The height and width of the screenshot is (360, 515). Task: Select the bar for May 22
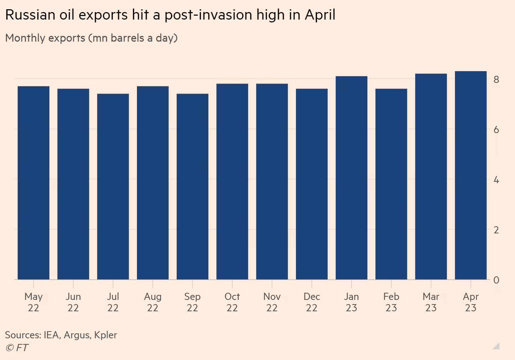(33, 183)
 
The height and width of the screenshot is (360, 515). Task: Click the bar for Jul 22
(113, 186)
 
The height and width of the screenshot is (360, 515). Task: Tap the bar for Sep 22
(192, 186)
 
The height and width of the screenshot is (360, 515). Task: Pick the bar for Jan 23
(351, 178)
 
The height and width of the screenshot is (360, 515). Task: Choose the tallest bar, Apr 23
(471, 175)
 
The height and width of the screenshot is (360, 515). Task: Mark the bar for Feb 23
(391, 184)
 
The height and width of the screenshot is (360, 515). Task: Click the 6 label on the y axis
(496, 130)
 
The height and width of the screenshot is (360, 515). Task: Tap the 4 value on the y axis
(496, 180)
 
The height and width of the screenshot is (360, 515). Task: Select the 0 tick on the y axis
(496, 280)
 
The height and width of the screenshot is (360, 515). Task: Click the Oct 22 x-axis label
(232, 302)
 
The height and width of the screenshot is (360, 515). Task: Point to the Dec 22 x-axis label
(312, 302)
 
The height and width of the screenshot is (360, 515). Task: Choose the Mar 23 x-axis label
(431, 302)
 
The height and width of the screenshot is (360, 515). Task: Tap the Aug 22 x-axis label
(153, 302)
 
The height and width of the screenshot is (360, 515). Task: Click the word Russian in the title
(31, 15)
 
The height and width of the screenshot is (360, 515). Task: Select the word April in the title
(320, 15)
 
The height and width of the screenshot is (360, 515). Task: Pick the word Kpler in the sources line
(106, 335)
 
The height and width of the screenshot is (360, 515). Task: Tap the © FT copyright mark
(17, 348)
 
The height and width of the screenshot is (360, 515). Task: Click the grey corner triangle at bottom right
(497, 346)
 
